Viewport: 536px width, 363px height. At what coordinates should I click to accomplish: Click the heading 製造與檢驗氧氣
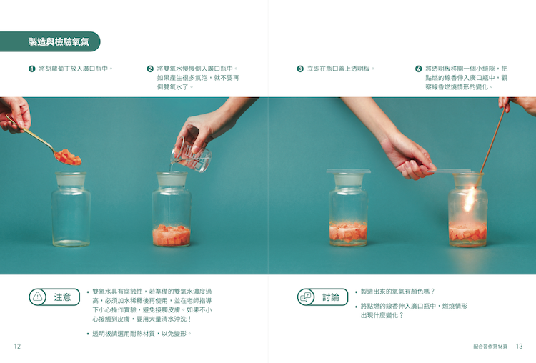point(59,41)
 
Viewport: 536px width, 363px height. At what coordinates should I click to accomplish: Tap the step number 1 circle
point(31,69)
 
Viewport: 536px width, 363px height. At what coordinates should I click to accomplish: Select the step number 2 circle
point(150,69)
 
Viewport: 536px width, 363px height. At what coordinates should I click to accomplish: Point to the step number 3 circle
point(300,69)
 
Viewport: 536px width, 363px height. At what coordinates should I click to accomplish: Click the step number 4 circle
point(418,69)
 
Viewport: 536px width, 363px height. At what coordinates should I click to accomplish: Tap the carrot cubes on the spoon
point(68,157)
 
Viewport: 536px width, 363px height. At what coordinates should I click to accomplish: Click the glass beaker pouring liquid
point(191,156)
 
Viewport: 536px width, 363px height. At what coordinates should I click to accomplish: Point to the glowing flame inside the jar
point(469,199)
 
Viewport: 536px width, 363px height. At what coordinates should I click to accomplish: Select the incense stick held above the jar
point(492,139)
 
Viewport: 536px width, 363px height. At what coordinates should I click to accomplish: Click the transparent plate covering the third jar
point(348,171)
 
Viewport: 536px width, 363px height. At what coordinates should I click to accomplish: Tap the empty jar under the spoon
point(71,209)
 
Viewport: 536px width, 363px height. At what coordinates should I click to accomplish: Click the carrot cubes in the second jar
point(172,235)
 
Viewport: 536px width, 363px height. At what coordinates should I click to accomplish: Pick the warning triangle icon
point(38,297)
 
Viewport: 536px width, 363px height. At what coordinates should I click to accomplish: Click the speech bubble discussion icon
point(306,297)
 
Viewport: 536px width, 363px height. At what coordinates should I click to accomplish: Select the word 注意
point(62,297)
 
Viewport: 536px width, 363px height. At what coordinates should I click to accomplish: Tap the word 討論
point(331,297)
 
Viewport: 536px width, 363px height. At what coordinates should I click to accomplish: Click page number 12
point(17,347)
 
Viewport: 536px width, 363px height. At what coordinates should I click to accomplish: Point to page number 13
point(520,347)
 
